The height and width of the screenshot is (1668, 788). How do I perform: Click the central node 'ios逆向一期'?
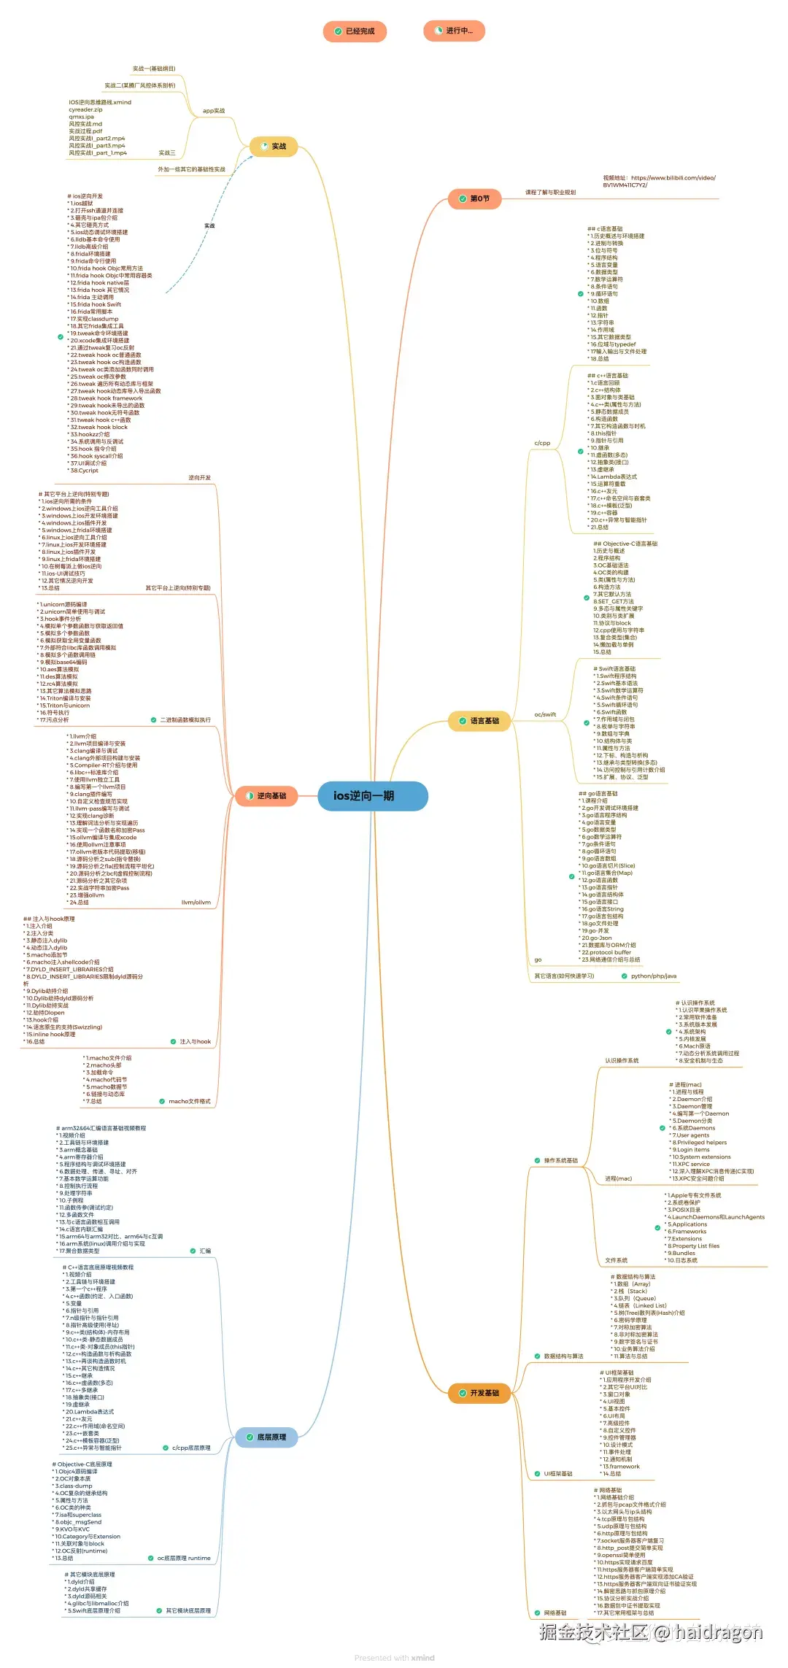(x=372, y=796)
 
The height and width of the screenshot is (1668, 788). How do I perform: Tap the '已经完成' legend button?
(x=355, y=31)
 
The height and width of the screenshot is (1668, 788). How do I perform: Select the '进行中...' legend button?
(x=454, y=31)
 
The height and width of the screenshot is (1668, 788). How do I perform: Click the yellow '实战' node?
(x=273, y=147)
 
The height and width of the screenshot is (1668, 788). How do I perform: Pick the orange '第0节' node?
(x=474, y=198)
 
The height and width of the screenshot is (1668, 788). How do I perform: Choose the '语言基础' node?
(x=479, y=721)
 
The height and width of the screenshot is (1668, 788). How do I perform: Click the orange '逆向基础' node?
(x=266, y=795)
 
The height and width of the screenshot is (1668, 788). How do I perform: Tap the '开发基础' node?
(x=479, y=1393)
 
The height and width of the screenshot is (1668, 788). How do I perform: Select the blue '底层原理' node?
(x=266, y=1437)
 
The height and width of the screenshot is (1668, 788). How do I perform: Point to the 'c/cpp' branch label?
(x=542, y=443)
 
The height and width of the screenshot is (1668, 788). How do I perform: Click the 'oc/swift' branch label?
(x=545, y=714)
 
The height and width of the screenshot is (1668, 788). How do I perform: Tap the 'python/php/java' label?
(x=654, y=976)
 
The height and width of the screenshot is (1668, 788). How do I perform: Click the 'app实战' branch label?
(x=214, y=111)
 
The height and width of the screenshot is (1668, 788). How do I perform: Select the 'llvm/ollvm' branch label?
(x=196, y=903)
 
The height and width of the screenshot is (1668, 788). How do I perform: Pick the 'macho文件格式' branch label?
(x=190, y=1101)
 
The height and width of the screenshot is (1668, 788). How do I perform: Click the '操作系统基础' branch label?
(x=561, y=1160)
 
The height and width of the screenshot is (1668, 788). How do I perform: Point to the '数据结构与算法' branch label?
(x=563, y=1356)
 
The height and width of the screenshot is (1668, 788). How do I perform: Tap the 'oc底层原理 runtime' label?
(x=184, y=1558)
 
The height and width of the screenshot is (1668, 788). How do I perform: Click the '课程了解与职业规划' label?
(x=550, y=193)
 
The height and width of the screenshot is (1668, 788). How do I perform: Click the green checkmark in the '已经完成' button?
(x=338, y=31)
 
